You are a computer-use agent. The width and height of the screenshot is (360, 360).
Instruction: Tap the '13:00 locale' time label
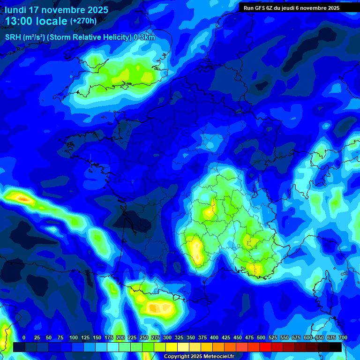coord(37,21)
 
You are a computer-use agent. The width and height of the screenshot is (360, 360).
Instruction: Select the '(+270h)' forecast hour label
coord(83,21)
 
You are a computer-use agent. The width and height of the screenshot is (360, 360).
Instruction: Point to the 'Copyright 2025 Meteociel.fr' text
coord(199,356)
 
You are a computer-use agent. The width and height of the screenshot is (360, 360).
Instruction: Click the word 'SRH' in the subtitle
coord(13,37)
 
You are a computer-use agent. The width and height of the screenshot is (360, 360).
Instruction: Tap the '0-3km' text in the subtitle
coord(144,37)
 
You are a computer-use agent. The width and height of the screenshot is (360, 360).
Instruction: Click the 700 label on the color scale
coord(343,337)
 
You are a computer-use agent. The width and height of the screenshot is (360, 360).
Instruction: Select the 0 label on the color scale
coord(24,337)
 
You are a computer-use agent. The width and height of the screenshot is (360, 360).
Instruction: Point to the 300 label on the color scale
coord(167,337)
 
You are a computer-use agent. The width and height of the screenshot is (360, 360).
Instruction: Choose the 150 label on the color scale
coord(97,337)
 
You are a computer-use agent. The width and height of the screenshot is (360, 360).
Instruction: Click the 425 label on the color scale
coord(226,337)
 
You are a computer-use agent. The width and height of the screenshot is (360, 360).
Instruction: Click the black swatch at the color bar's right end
coord(336,347)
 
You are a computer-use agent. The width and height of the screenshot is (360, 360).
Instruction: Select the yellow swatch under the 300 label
coord(172,347)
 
